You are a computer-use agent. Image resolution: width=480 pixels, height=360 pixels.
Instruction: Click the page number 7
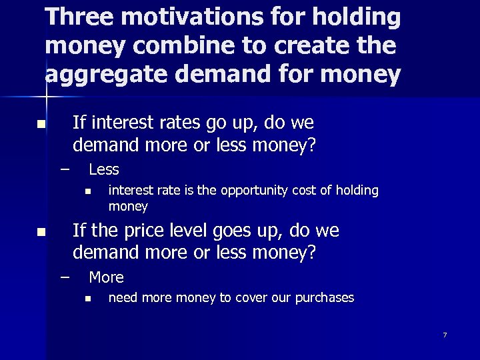(x=445, y=335)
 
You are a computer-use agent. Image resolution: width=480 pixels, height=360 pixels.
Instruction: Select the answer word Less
(x=104, y=169)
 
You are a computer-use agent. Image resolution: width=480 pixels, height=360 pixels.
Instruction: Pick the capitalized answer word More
(x=106, y=277)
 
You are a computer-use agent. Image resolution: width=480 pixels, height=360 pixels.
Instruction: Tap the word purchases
(x=324, y=298)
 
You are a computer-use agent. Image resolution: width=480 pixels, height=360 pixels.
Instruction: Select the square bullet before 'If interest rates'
(x=41, y=125)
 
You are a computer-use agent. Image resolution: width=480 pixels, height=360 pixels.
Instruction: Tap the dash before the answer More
(x=64, y=276)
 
